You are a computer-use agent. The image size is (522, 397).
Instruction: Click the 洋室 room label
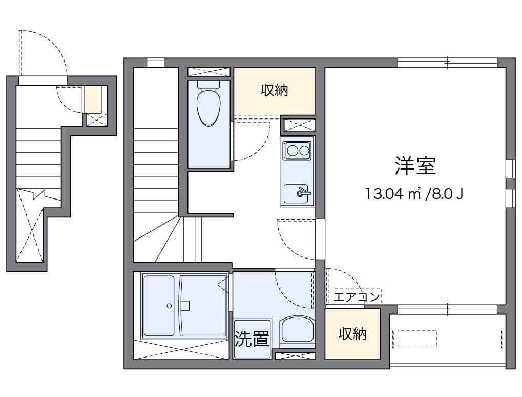pos(415,166)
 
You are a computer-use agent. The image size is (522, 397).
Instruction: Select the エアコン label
pos(357,296)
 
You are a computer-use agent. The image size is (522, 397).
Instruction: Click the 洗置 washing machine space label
pos(252,339)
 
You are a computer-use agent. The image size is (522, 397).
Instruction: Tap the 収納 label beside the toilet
pos(274,90)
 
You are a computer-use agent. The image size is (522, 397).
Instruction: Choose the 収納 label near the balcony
pos(352,334)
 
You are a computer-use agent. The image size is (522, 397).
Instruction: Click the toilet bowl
pos(208,108)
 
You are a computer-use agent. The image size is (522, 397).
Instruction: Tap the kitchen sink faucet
pos(304,192)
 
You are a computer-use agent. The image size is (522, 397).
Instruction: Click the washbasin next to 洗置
pos(298,331)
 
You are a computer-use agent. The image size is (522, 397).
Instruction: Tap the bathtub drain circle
pos(169,306)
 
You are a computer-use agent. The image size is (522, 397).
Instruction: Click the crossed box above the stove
pos(299,125)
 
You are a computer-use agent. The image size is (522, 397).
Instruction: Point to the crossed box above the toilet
pos(209,72)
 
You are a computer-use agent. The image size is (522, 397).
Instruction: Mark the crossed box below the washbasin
pos(295,356)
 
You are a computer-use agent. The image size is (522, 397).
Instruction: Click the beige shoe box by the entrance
pos(93,100)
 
